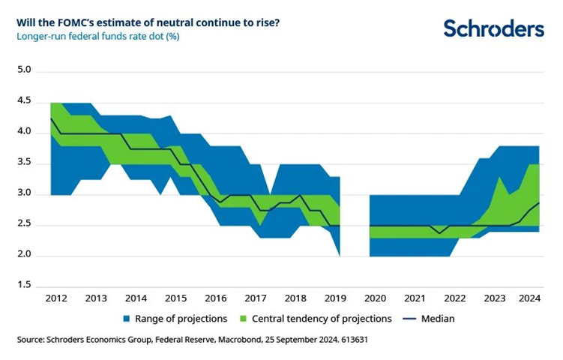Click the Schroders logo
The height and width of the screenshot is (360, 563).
pyautogui.click(x=493, y=28)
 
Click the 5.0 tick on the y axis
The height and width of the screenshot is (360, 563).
pyautogui.click(x=24, y=70)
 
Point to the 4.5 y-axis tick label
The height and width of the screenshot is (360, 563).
pyautogui.click(x=24, y=101)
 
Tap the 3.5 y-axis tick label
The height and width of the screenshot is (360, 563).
pyautogui.click(x=24, y=163)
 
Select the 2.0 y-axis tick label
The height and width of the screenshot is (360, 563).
pyautogui.click(x=24, y=256)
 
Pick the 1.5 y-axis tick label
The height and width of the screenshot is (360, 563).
pyautogui.click(x=24, y=286)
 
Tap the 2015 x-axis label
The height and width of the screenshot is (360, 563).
pyautogui.click(x=175, y=297)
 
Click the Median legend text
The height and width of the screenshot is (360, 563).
pyautogui.click(x=438, y=319)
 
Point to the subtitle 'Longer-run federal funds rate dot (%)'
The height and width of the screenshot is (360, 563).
pyautogui.click(x=98, y=35)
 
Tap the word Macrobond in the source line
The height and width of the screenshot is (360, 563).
pyautogui.click(x=229, y=340)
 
